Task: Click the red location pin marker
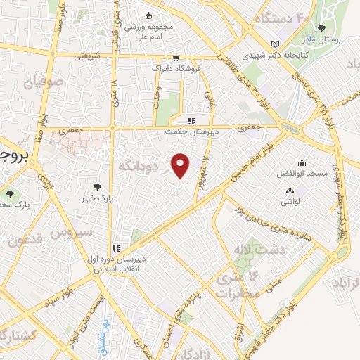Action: [x=181, y=165]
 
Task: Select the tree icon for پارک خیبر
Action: [x=98, y=187]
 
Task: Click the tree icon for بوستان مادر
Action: [x=322, y=29]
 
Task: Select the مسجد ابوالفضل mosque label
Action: [x=302, y=174]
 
